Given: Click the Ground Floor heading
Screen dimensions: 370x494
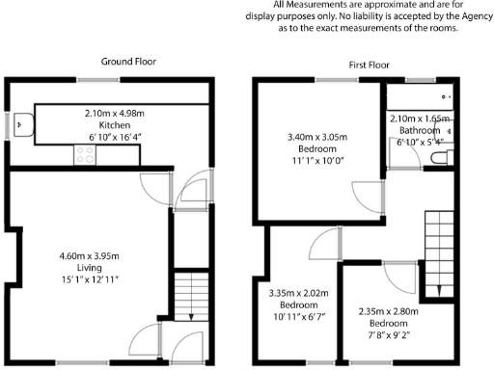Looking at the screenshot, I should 129,62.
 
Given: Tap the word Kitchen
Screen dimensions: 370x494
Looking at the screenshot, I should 115,126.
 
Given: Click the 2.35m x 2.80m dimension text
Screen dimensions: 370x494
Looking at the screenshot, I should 384,310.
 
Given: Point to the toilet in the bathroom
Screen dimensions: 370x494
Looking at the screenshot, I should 440,157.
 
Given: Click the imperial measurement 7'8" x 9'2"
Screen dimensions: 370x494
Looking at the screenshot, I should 384,334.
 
